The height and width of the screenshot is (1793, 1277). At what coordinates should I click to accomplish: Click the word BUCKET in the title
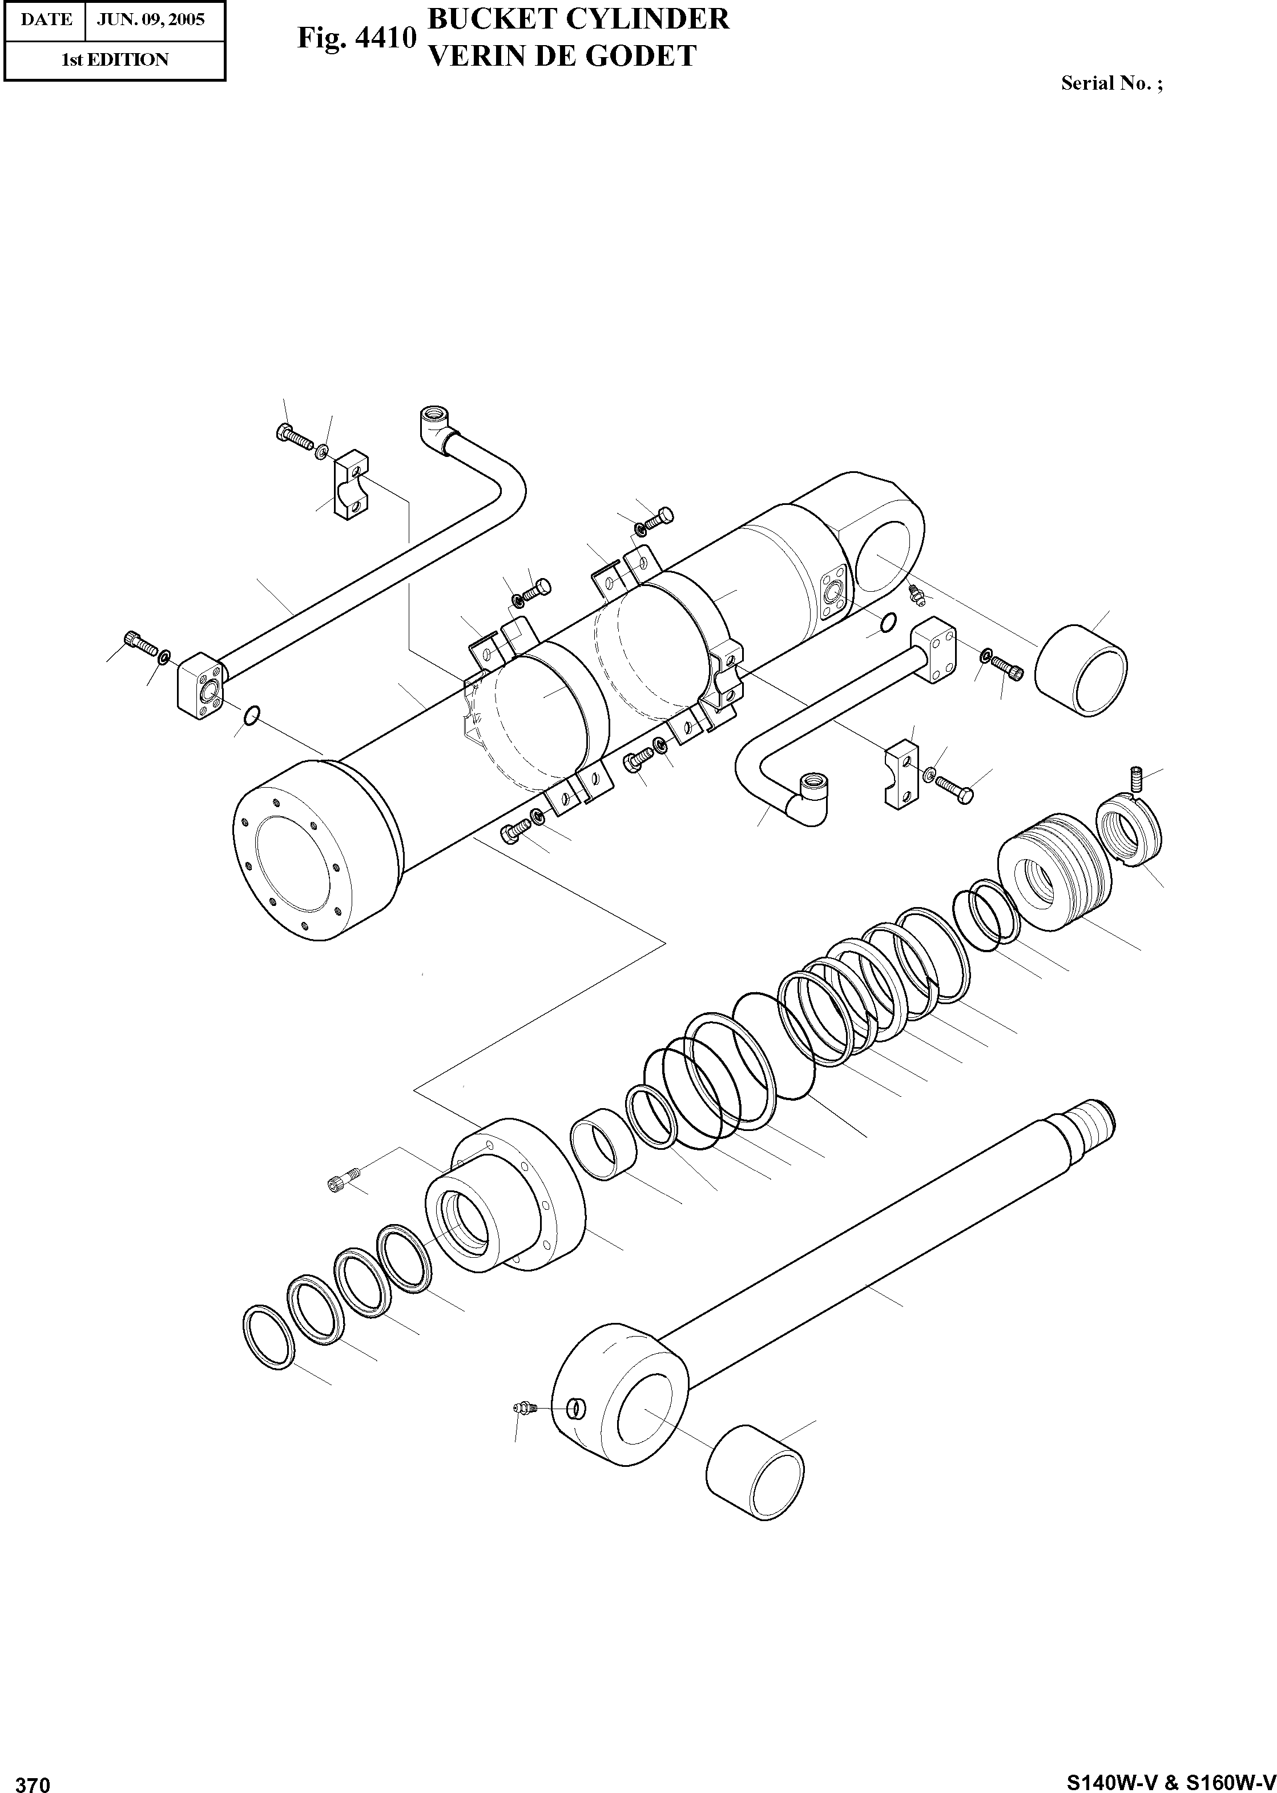click(482, 19)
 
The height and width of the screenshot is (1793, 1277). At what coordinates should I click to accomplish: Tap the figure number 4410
click(385, 38)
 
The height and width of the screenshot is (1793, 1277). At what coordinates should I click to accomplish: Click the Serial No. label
click(1111, 83)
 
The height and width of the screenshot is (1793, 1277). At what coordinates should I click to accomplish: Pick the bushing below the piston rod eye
click(755, 1475)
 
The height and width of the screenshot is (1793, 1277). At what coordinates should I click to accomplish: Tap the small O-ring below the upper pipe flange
click(251, 715)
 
